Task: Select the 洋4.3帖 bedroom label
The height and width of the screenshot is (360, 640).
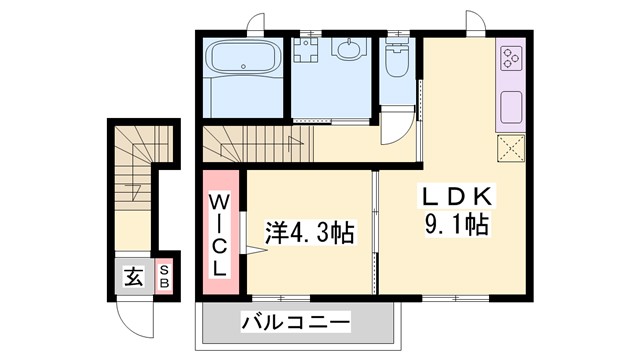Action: point(310,234)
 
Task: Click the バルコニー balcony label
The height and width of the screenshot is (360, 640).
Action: point(295,323)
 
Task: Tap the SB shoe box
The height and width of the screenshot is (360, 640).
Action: point(164,275)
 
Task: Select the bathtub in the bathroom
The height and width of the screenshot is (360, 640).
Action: point(243,60)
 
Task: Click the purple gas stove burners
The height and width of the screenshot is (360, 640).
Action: point(511,58)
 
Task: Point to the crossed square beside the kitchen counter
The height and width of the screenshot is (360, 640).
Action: point(511,149)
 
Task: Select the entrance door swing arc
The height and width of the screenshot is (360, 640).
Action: point(130,319)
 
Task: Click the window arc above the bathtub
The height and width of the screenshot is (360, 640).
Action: point(258,22)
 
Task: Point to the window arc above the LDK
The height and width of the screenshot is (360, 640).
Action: point(474,20)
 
